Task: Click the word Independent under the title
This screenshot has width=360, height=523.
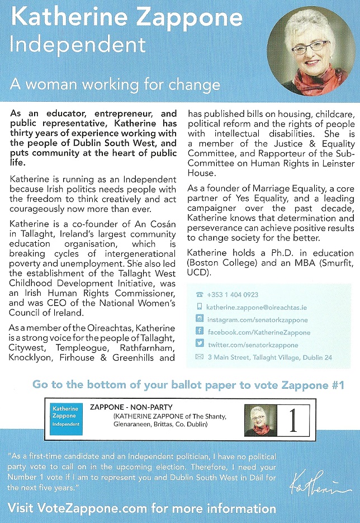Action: [x=78, y=45]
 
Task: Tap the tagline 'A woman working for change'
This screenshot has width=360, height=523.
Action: [x=115, y=84]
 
